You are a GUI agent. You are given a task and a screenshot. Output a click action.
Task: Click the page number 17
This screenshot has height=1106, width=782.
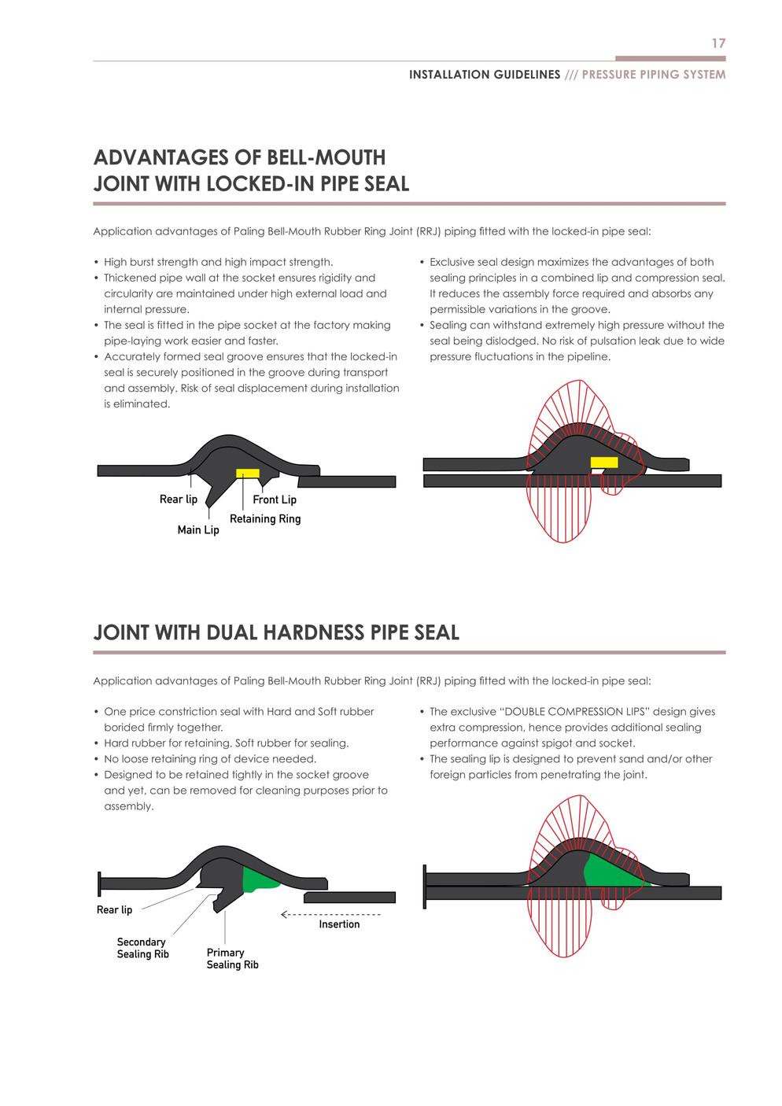click(x=718, y=43)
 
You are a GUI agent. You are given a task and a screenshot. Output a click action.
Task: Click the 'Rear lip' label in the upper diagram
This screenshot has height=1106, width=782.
click(x=179, y=500)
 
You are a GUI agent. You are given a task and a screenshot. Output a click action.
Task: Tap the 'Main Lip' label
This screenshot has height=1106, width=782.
click(x=198, y=529)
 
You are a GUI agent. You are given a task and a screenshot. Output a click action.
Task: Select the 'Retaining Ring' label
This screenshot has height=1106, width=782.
click(x=265, y=518)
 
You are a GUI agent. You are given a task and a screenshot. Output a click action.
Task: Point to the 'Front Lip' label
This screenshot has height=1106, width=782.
click(x=275, y=500)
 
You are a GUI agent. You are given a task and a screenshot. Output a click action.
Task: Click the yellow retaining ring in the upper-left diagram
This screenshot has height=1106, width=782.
click(x=248, y=473)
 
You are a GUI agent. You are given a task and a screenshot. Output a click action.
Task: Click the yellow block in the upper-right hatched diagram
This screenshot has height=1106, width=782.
click(x=604, y=463)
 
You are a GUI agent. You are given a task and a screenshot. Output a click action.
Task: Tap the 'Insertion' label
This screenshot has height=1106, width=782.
click(x=339, y=924)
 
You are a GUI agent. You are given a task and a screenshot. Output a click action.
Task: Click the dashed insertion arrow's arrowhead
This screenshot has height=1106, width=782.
click(x=284, y=914)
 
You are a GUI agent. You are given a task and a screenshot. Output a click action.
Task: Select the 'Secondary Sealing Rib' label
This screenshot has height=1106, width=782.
click(x=142, y=948)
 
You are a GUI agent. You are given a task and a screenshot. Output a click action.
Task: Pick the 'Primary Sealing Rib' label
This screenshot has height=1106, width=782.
click(x=232, y=958)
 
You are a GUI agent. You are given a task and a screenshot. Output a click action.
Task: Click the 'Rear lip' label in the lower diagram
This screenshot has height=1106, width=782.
click(x=115, y=909)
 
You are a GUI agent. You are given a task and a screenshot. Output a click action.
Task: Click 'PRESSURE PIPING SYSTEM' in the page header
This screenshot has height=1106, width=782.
click(x=654, y=75)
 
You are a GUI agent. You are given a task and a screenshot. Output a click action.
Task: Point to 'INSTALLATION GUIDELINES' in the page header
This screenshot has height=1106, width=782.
click(x=485, y=75)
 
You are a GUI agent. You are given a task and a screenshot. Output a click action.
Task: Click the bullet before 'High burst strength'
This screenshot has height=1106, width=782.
click(x=96, y=262)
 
